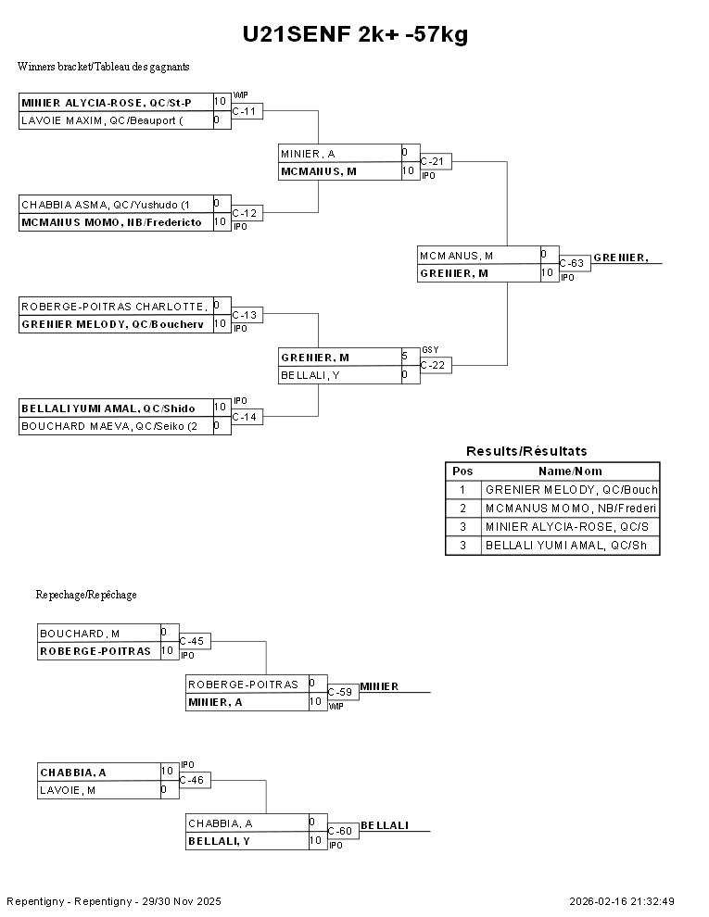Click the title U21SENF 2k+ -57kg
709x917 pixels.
(355, 35)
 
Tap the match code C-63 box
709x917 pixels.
(574, 264)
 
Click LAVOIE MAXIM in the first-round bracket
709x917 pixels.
(116, 120)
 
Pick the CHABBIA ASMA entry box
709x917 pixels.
(116, 204)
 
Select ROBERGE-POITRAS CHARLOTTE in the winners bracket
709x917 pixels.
(116, 306)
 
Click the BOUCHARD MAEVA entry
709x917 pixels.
(116, 426)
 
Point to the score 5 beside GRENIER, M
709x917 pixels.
(405, 356)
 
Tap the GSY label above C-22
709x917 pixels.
(429, 349)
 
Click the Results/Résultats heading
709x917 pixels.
(526, 451)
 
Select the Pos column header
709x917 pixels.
(462, 471)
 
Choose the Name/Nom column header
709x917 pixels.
(570, 471)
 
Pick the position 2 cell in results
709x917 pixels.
(462, 509)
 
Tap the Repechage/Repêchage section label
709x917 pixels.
(86, 595)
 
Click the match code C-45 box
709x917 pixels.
(195, 641)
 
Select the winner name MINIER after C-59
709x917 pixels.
(379, 686)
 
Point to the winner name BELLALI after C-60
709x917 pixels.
(385, 825)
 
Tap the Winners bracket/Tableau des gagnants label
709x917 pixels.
(104, 67)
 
